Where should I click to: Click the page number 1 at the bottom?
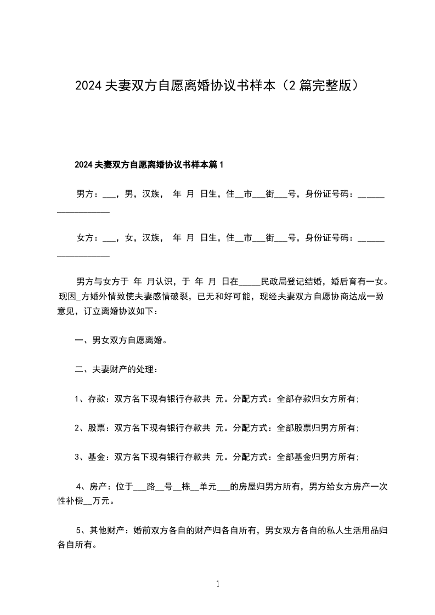[218, 584]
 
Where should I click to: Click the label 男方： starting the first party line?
[87, 193]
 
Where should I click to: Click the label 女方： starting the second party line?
[87, 238]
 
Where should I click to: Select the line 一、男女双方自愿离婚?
[121, 340]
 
